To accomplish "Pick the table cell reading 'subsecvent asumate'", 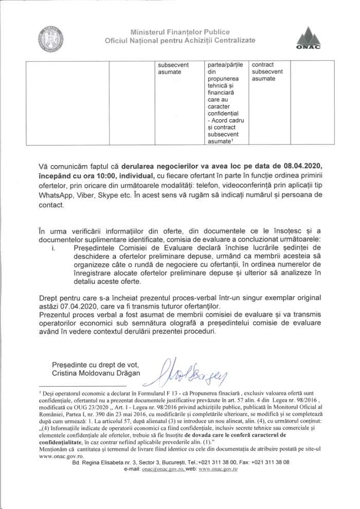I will pos(173,68).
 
